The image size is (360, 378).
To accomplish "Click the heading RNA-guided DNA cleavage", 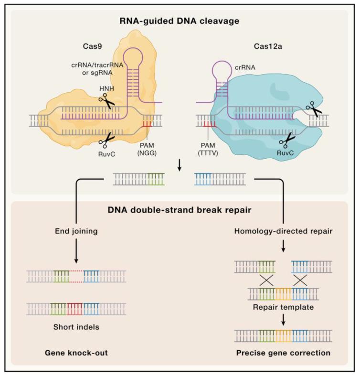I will pos(180,21).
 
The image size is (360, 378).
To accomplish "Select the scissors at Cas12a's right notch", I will pos(313,108).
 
